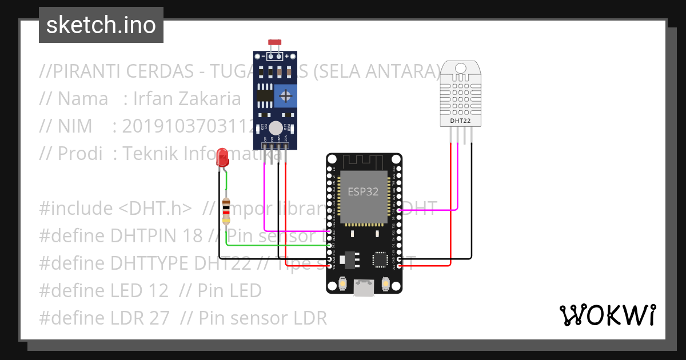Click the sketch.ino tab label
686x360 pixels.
[101, 25]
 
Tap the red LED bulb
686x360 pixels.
[222, 157]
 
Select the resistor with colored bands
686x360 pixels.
[226, 211]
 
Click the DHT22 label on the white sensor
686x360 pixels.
[460, 121]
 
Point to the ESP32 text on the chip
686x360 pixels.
[364, 192]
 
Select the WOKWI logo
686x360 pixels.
[607, 315]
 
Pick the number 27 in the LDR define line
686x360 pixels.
[158, 318]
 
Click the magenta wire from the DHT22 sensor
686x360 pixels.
[458, 183]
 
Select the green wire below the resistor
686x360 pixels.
[274, 245]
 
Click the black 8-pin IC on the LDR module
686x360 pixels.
[264, 94]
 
